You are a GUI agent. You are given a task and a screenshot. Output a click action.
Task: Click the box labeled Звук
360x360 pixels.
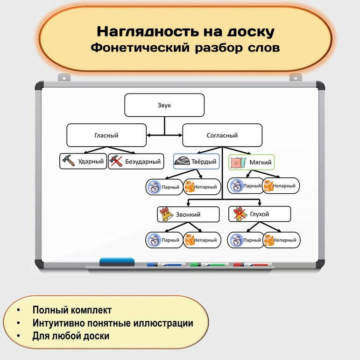164,105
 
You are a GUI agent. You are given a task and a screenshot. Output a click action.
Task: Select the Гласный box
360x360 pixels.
106,135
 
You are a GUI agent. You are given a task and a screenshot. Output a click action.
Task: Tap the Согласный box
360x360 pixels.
222,135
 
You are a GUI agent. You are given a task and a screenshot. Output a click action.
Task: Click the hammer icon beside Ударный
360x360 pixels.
68,162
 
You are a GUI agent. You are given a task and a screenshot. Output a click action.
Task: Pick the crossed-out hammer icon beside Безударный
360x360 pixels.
116,162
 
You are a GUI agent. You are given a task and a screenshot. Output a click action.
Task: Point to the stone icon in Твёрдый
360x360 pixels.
182,162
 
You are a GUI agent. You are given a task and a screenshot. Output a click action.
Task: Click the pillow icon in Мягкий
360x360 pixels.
237,162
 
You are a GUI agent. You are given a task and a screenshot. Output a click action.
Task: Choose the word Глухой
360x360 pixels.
259,214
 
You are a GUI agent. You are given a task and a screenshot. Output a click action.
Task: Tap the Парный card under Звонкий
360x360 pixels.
164,240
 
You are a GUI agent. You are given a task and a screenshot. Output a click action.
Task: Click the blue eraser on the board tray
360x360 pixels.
117,262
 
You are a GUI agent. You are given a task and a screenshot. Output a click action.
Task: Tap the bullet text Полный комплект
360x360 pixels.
72,310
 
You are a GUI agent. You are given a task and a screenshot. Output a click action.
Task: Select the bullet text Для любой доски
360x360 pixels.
71,336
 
